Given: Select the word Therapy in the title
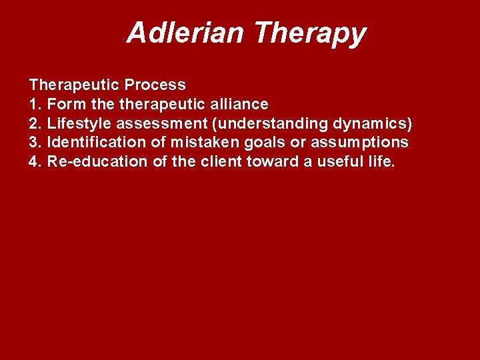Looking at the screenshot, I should pos(310,33).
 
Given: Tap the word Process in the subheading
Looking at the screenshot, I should pos(159,85).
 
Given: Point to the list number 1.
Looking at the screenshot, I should pos(34,104).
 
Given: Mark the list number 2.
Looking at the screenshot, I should pos(34,123).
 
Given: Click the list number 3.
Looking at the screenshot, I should pos(34,142).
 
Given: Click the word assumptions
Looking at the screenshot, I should pos(367,143).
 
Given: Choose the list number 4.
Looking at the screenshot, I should pos(34,161).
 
